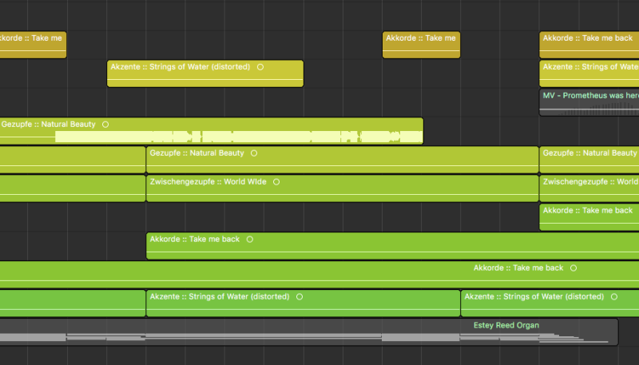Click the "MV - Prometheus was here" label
591,96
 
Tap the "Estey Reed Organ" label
506,326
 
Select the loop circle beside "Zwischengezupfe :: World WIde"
276,182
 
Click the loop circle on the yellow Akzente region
260,67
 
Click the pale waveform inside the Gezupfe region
239,137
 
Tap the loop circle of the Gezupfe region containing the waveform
105,125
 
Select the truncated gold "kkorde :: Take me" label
31,38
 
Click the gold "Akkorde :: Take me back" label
588,38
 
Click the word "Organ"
528,326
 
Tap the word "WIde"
256,181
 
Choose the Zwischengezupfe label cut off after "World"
590,181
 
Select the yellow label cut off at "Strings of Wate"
591,67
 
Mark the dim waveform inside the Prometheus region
599,109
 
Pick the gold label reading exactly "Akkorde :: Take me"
421,38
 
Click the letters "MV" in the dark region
549,96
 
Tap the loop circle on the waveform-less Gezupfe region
254,153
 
